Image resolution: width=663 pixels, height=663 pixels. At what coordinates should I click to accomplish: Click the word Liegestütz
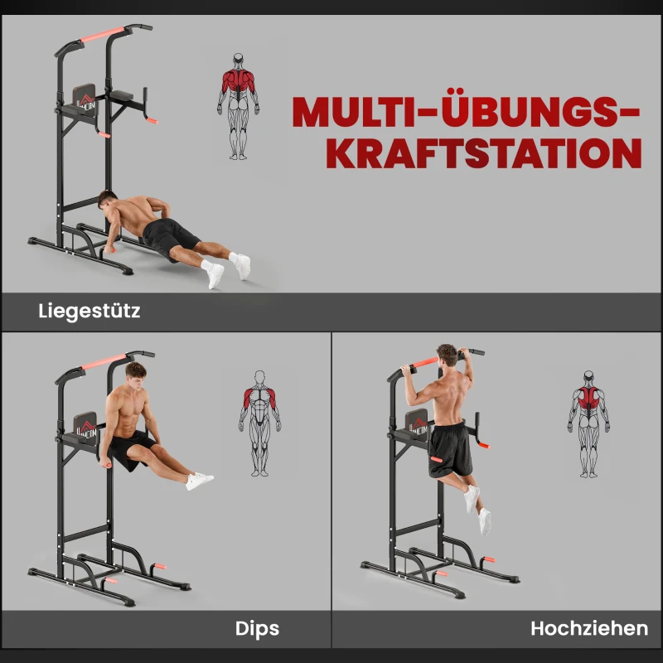pyautogui.click(x=90, y=312)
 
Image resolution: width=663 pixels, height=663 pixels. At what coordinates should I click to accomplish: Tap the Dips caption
pyautogui.click(x=257, y=628)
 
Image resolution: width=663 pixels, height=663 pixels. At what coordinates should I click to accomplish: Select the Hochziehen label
pyautogui.click(x=588, y=628)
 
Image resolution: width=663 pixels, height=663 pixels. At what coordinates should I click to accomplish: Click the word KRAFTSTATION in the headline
pyautogui.click(x=483, y=154)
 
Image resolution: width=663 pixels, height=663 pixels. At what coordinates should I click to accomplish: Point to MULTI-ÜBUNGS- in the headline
pyautogui.click(x=466, y=112)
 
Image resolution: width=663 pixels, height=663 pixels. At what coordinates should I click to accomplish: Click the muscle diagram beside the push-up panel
pyautogui.click(x=238, y=105)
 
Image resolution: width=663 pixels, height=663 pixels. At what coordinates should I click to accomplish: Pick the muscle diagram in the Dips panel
pyautogui.click(x=259, y=422)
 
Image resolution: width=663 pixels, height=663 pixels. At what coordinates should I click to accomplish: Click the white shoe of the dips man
pyautogui.click(x=199, y=481)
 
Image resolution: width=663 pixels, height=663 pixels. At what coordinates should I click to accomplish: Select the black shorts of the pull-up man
pyautogui.click(x=450, y=448)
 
